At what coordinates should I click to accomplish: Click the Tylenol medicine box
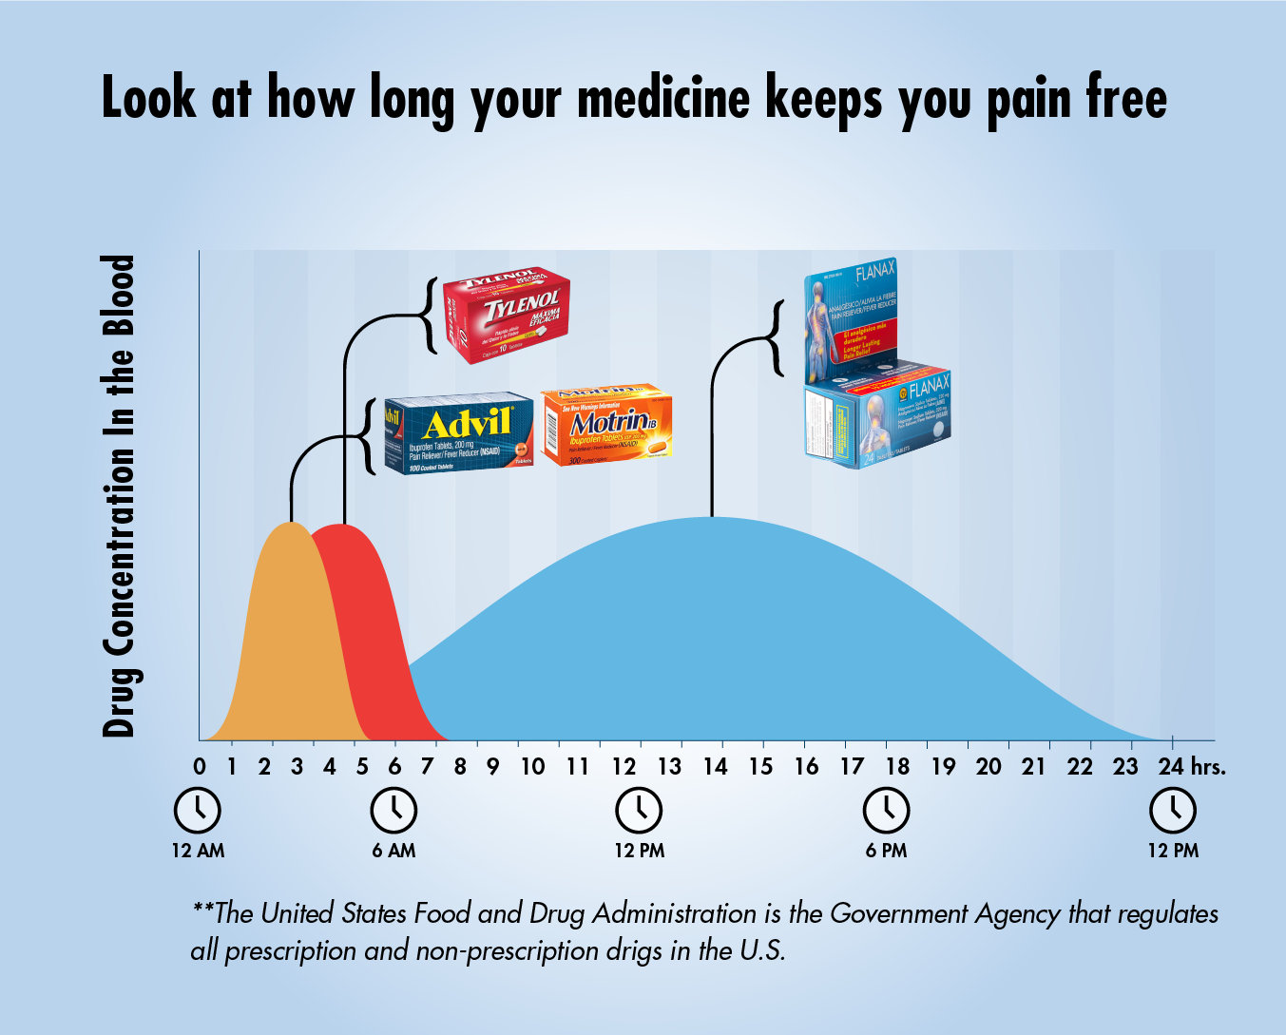pos(507,315)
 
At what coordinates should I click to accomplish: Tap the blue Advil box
pos(458,432)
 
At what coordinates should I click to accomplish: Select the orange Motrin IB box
pos(607,424)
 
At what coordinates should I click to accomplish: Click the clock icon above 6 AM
pos(393,810)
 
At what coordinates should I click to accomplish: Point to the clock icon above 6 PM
pos(886,810)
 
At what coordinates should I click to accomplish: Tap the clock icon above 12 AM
pos(198,810)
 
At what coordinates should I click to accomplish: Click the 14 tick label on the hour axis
pos(715,766)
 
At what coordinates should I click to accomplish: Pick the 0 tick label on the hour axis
pos(200,766)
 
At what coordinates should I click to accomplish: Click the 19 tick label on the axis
pos(943,766)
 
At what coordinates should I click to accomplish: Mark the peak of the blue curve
pos(711,519)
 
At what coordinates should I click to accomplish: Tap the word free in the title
pos(1126,99)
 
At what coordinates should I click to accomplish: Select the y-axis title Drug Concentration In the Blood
pos(119,495)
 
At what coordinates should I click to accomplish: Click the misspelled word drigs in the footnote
pos(636,950)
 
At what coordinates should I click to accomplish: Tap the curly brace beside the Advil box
pos(367,436)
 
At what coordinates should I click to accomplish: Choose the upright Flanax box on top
pos(851,318)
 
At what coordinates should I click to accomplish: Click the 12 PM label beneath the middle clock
pos(639,851)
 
